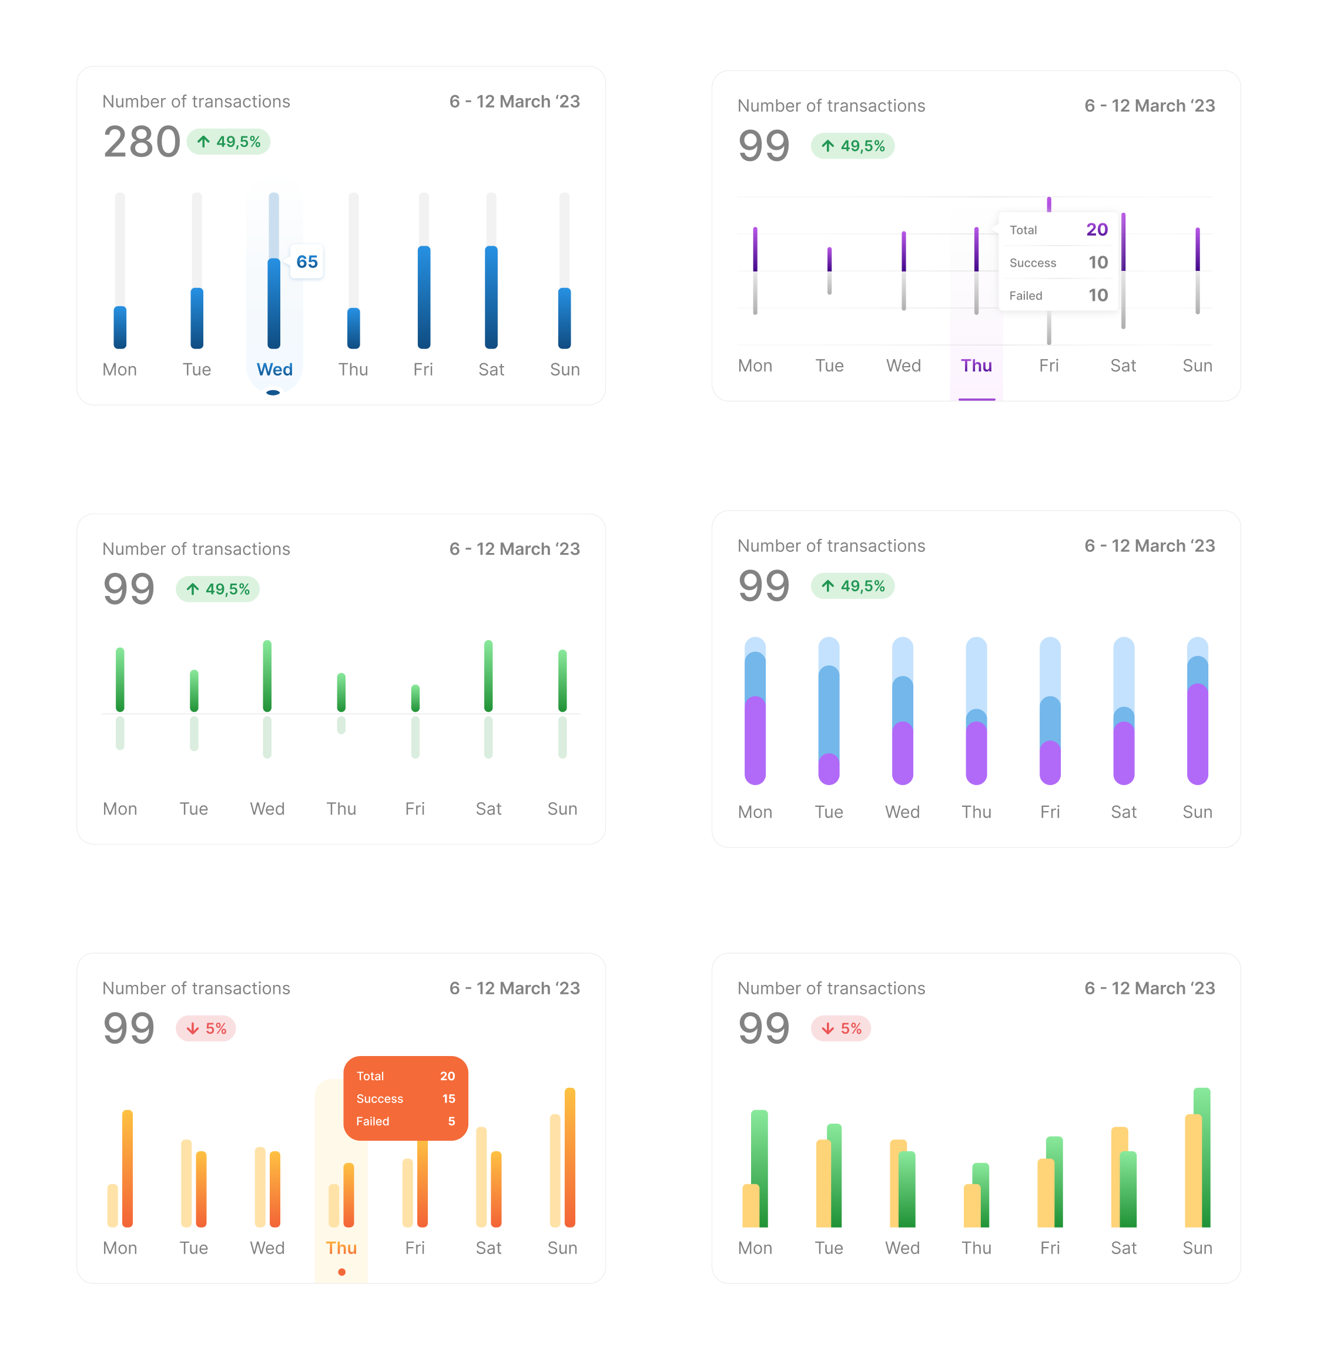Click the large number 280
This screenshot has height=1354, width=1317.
(x=142, y=142)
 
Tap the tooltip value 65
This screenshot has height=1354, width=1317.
(x=306, y=262)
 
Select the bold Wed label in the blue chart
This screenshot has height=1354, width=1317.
(x=274, y=369)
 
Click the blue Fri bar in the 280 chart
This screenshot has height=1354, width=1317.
(x=424, y=297)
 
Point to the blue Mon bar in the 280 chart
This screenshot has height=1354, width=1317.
(x=120, y=327)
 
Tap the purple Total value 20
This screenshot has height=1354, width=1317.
(x=1097, y=230)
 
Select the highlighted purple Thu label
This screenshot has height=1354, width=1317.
(x=976, y=366)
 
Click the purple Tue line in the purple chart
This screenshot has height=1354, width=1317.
(x=829, y=259)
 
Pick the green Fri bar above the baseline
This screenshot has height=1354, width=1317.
(x=415, y=698)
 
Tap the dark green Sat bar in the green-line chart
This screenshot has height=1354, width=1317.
(x=488, y=676)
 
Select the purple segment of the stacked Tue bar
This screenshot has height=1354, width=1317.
(x=829, y=769)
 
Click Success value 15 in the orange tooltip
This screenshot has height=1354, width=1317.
(x=448, y=1099)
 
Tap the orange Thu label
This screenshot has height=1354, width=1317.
(x=341, y=1248)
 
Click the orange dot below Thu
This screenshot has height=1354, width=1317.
(x=341, y=1272)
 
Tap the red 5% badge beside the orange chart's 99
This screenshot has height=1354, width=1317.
(x=206, y=1029)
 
